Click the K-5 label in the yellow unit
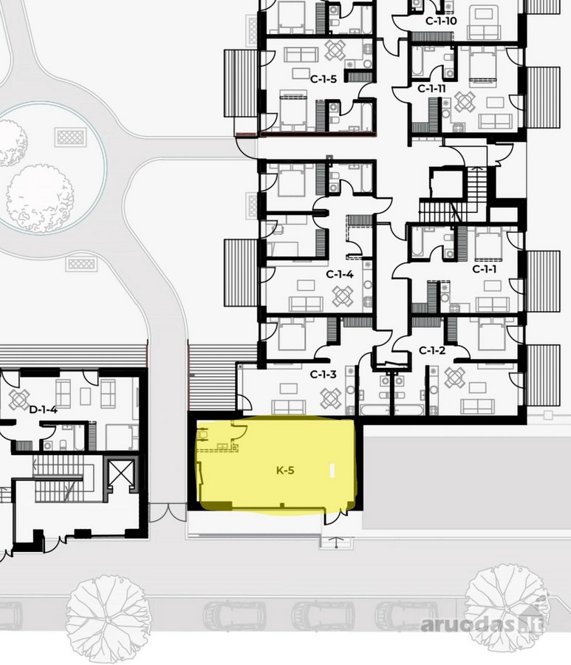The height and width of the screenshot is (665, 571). tap(285, 470)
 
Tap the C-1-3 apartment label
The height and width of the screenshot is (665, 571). tap(323, 375)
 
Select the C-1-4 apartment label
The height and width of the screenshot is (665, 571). tap(340, 274)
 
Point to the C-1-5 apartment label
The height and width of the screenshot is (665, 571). tap(324, 79)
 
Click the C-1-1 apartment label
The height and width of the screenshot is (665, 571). tap(485, 269)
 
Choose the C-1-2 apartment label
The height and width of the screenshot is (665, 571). tap(432, 351)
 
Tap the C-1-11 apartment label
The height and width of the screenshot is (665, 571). tap(431, 89)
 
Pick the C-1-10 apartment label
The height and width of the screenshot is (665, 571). tap(441, 21)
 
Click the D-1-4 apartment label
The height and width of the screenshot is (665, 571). tap(43, 409)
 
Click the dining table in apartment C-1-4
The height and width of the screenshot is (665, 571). tap(343, 296)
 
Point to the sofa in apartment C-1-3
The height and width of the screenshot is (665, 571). tap(289, 407)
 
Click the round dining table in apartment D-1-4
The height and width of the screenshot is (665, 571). tap(19, 400)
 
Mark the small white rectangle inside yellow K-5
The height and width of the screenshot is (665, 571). tap(332, 471)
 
